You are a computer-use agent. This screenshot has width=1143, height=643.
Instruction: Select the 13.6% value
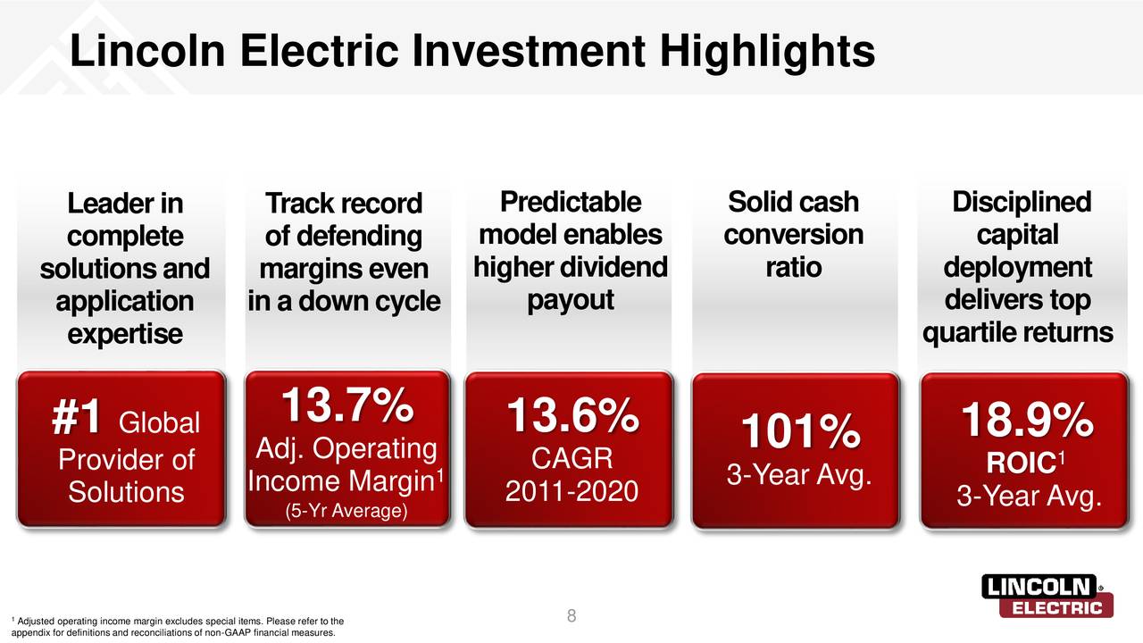tap(572, 418)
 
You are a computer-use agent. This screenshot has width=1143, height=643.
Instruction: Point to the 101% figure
tap(799, 434)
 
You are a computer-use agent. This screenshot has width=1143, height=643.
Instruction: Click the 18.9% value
tap(1026, 421)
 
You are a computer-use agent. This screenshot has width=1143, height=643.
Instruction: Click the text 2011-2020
tap(571, 491)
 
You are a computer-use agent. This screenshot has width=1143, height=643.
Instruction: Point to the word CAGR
tap(571, 458)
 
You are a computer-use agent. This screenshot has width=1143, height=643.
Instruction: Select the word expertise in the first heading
tap(124, 334)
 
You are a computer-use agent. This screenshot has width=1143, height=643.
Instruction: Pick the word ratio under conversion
tap(793, 268)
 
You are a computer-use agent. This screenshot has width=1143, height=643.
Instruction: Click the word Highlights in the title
tap(768, 52)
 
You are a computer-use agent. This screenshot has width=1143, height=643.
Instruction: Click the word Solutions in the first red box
tap(126, 492)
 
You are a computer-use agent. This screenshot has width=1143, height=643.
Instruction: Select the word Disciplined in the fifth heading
tap(1021, 203)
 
